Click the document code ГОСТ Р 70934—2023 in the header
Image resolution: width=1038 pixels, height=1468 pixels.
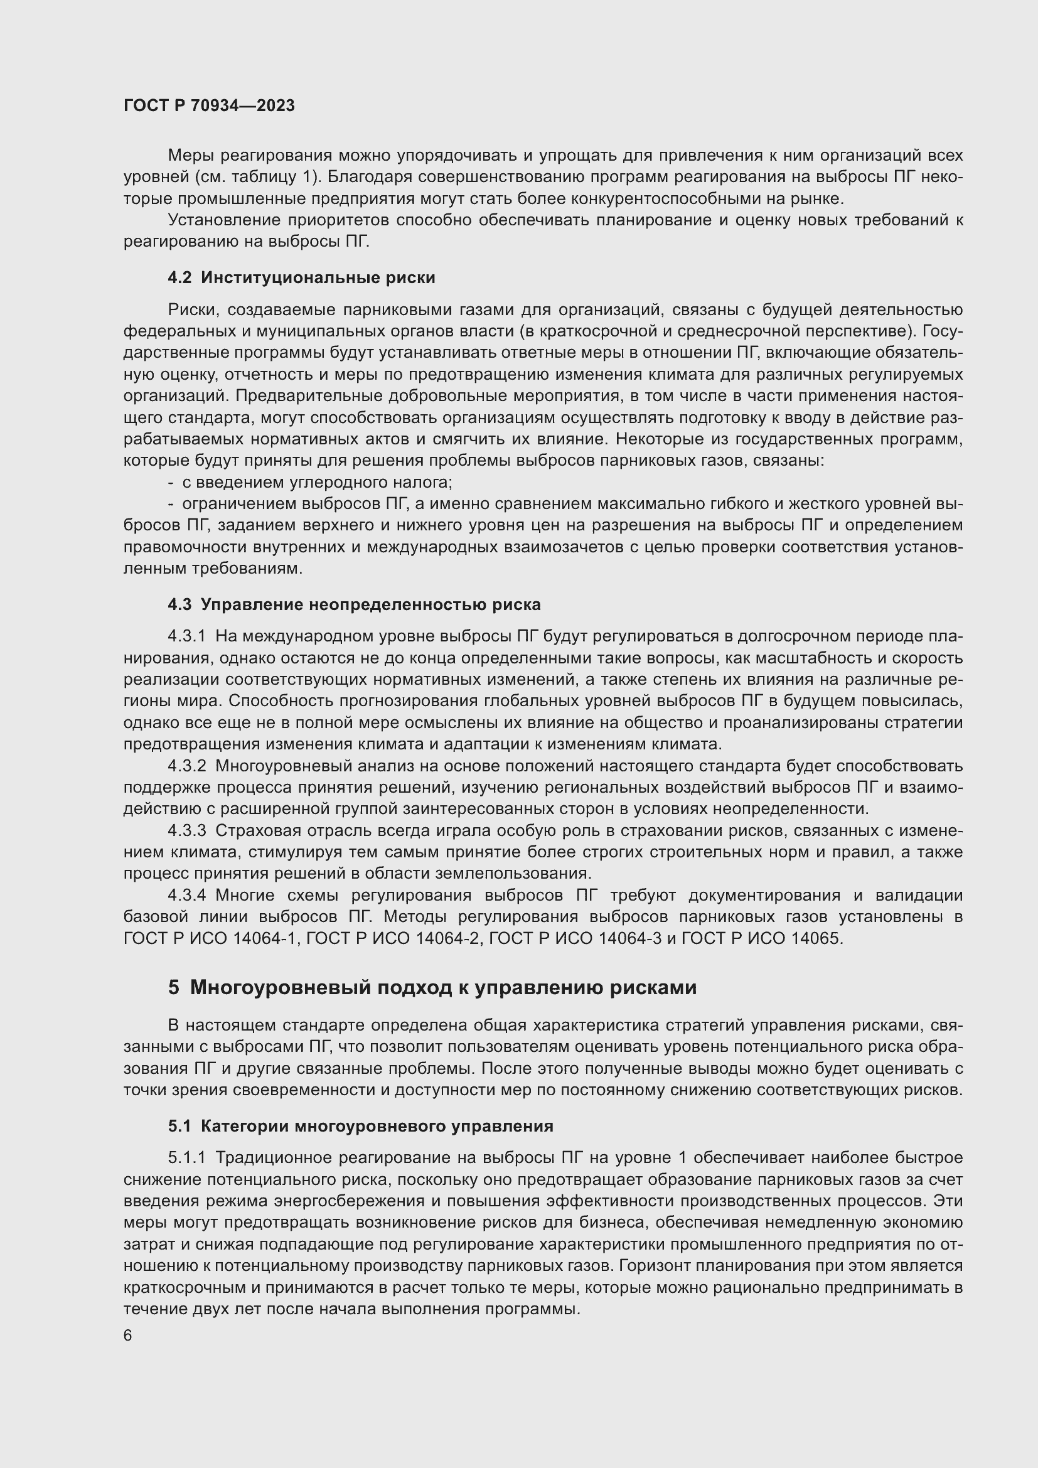click(x=209, y=105)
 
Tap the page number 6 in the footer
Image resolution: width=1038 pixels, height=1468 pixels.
click(x=128, y=1336)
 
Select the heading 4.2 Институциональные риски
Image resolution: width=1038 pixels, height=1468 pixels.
click(x=301, y=277)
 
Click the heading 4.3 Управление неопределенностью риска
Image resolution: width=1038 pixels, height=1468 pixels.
click(x=354, y=604)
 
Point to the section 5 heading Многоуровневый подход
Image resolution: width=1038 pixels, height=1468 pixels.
click(x=432, y=988)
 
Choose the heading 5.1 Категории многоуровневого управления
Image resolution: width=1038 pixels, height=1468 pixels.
click(x=360, y=1126)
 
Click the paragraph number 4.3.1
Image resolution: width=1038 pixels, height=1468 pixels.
click(x=186, y=636)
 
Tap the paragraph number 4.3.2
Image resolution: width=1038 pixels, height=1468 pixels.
click(x=186, y=766)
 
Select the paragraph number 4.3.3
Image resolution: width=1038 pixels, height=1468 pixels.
click(x=186, y=830)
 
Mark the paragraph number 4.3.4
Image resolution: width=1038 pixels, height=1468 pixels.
click(x=186, y=895)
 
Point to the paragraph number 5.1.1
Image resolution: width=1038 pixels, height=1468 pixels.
click(x=186, y=1158)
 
